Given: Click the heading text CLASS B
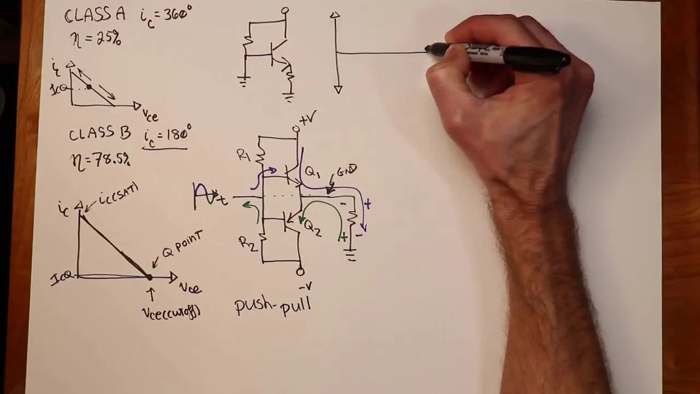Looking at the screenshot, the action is [x=100, y=134].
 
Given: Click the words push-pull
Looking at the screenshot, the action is [x=273, y=305].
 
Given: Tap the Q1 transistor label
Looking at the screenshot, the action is [x=312, y=173].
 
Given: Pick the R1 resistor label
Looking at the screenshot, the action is [x=243, y=155].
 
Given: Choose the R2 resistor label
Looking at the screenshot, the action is [x=247, y=244].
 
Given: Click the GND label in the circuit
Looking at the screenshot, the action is [x=347, y=171].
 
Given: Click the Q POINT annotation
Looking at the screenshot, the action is [x=182, y=245].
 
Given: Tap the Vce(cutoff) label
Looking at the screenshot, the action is [x=171, y=312].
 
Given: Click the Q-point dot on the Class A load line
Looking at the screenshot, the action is [x=89, y=87].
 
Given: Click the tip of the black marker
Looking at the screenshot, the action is [x=428, y=50].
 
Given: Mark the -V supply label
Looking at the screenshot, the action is [x=305, y=286].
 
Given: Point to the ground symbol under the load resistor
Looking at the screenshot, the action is [x=351, y=254].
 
